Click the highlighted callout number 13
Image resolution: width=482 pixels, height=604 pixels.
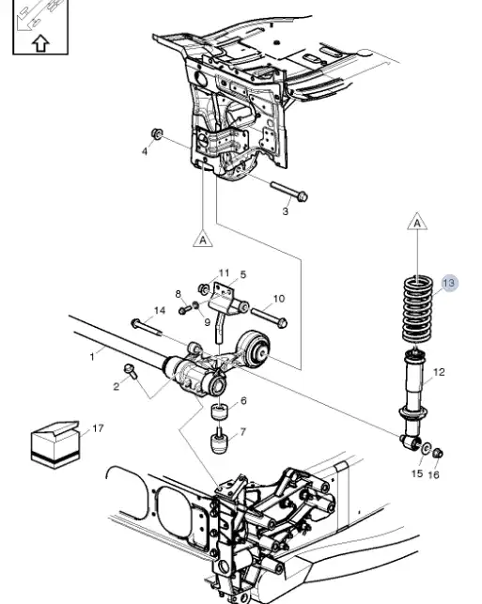click(449, 283)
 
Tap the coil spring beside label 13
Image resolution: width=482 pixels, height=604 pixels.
click(418, 310)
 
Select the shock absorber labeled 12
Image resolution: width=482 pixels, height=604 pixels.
click(413, 398)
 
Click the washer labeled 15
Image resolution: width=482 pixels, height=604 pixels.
click(427, 448)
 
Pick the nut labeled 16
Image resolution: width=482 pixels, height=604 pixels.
click(438, 453)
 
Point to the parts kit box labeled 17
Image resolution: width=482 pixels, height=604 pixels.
click(55, 444)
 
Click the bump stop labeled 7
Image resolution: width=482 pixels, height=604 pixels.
click(219, 441)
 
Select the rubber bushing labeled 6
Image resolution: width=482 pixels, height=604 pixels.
click(219, 411)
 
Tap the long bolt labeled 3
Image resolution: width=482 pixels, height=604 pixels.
click(289, 191)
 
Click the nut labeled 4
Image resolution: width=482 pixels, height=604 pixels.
click(157, 133)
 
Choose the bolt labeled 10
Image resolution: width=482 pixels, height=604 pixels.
click(270, 317)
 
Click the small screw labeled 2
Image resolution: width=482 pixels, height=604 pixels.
click(131, 371)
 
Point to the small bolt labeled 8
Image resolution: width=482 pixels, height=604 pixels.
click(185, 309)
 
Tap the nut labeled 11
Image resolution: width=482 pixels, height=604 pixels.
click(203, 288)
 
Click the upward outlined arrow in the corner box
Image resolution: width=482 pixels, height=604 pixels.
click(40, 43)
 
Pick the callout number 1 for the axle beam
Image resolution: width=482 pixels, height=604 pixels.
click(92, 357)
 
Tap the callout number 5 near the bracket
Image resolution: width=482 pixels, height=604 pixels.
click(242, 274)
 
